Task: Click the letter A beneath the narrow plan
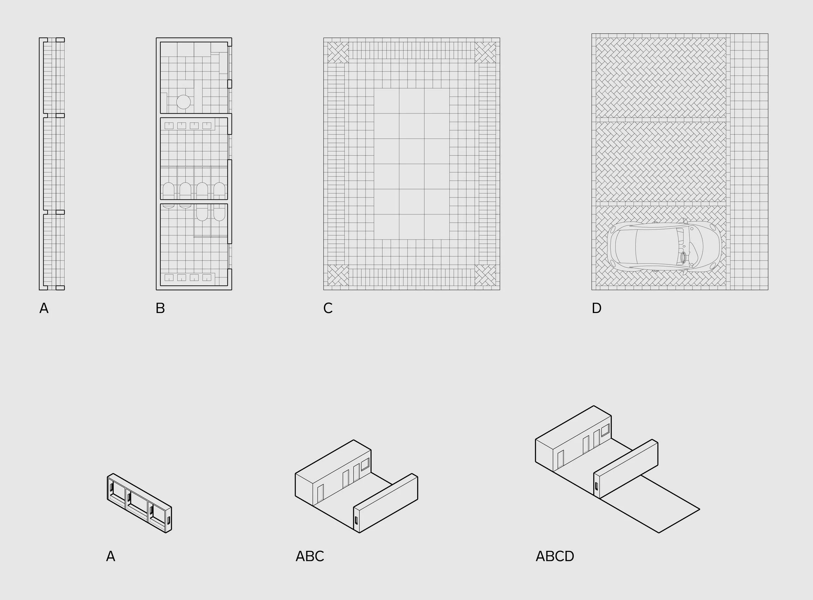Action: [44, 308]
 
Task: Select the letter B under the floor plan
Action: [160, 308]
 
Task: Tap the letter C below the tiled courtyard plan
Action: [328, 308]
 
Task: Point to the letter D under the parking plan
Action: [596, 308]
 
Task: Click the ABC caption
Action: [310, 556]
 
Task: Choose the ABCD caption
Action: [555, 556]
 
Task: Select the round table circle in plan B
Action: [183, 102]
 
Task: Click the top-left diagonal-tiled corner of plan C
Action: [338, 53]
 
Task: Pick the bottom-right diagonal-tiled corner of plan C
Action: [485, 275]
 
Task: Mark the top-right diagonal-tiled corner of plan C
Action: [485, 53]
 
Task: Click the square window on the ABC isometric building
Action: [365, 463]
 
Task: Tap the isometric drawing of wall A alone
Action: [140, 503]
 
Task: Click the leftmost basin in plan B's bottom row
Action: [169, 278]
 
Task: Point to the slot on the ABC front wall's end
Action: [356, 521]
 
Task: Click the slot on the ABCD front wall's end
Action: [596, 486]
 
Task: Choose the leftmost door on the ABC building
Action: [320, 493]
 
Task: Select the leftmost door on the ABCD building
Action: [561, 459]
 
